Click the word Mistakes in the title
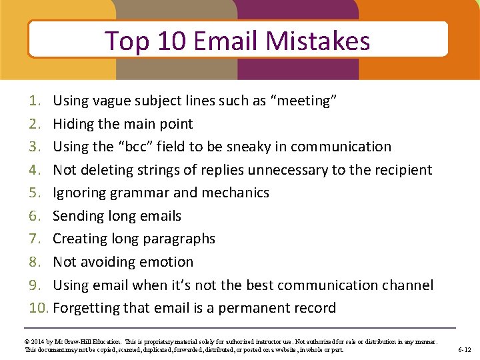click(317, 41)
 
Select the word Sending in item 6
click(77, 216)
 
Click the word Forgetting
click(85, 308)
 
